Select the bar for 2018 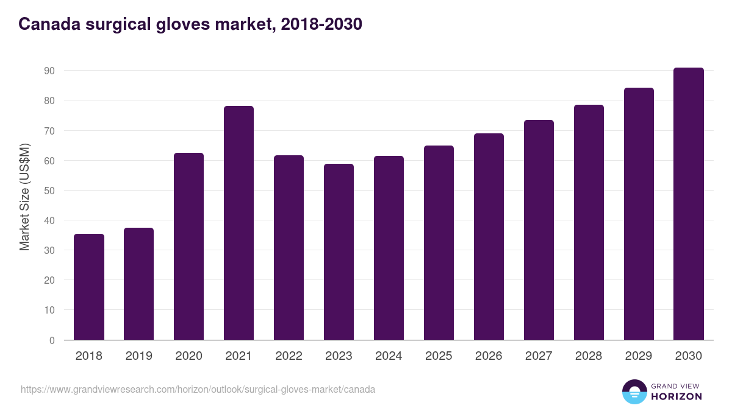coord(89,287)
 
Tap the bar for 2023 coord(339,252)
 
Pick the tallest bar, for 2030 coord(689,204)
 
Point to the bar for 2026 coord(489,237)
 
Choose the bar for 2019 coord(138,284)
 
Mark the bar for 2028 coord(589,222)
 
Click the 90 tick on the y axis coord(49,71)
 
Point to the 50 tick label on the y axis coord(49,191)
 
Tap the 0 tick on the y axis coord(52,340)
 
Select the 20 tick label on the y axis coord(49,280)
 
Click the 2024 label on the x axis coord(389,356)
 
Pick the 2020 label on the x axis coord(188,356)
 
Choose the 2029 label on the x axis coord(639,356)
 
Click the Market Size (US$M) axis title coord(24,197)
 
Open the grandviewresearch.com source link coord(198,389)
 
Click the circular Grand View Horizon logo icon coord(634,392)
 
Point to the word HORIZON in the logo coord(676,396)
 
